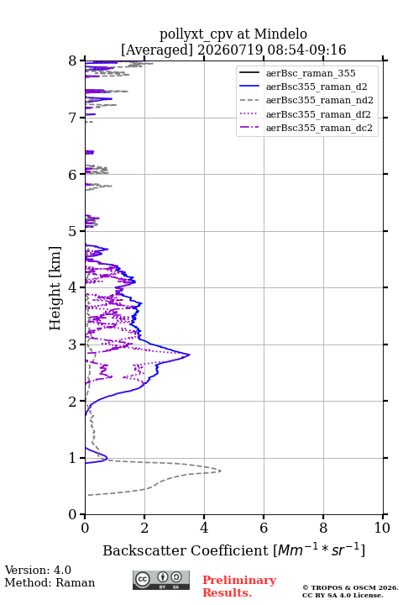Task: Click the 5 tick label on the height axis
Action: click(73, 231)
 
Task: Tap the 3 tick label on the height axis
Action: click(73, 345)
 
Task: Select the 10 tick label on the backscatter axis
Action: click(382, 528)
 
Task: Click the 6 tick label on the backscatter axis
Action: click(264, 528)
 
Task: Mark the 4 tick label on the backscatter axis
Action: click(204, 528)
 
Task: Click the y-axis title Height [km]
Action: click(55, 288)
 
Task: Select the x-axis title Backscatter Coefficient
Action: click(185, 550)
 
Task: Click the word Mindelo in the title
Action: click(280, 34)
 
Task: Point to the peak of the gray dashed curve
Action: click(221, 471)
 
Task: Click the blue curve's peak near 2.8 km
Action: click(190, 355)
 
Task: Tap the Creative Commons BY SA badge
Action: click(161, 580)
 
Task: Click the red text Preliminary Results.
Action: click(239, 587)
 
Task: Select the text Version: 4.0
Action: click(38, 570)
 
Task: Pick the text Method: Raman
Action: click(50, 582)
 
